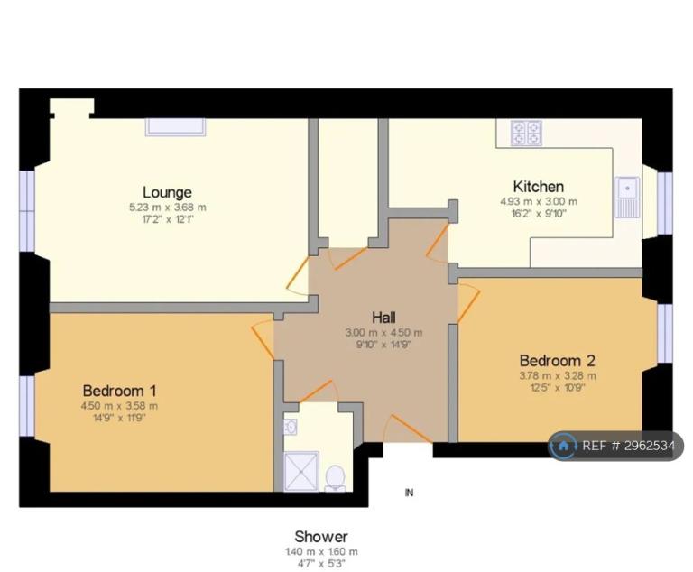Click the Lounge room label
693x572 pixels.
(x=167, y=192)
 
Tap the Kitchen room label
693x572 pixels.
(x=539, y=187)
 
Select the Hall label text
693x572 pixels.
(x=383, y=318)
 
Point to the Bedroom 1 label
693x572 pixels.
(x=119, y=391)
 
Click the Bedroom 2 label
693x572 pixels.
(x=558, y=361)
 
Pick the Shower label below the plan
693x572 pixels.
(x=321, y=537)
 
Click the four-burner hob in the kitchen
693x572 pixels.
(x=526, y=133)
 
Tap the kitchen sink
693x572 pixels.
(x=627, y=198)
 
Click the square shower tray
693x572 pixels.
(x=301, y=471)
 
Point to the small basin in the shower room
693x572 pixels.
(x=290, y=427)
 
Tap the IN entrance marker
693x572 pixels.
(x=410, y=493)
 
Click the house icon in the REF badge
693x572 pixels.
(x=563, y=446)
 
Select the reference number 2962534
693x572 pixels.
(x=650, y=446)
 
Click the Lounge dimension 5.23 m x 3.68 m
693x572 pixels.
(x=168, y=207)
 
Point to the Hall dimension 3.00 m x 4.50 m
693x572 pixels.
(x=383, y=332)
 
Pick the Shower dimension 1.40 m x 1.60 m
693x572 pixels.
(x=321, y=551)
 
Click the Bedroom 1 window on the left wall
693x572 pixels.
(x=27, y=406)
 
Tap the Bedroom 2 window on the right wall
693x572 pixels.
(x=665, y=334)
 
